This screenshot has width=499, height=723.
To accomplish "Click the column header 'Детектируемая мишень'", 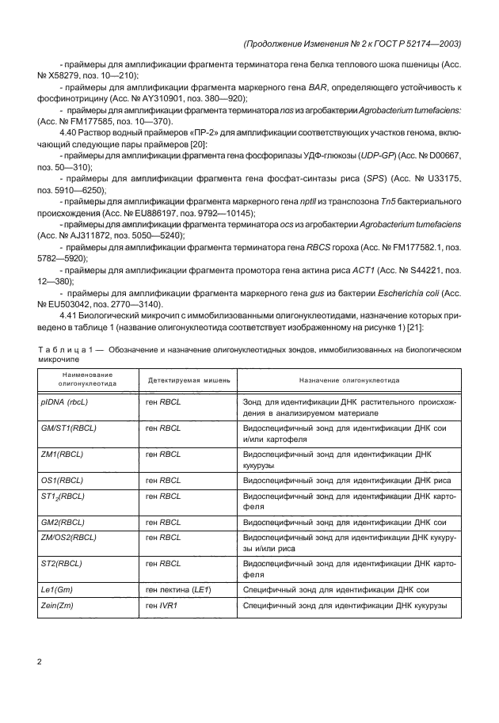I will point(189,380).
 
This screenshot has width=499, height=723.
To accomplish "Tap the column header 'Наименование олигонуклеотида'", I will point(87,379).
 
